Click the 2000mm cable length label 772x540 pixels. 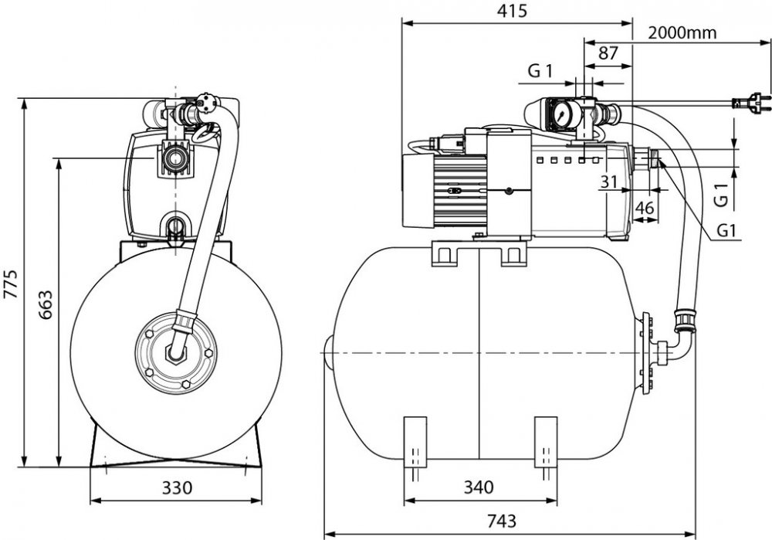pyautogui.click(x=682, y=33)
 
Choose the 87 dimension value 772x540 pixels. pyautogui.click(x=608, y=53)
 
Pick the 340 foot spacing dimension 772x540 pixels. pyautogui.click(x=479, y=488)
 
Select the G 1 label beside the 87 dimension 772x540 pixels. pyautogui.click(x=540, y=72)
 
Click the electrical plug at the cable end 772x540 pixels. pyautogui.click(x=750, y=101)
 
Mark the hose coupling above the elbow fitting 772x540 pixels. pyautogui.click(x=685, y=320)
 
